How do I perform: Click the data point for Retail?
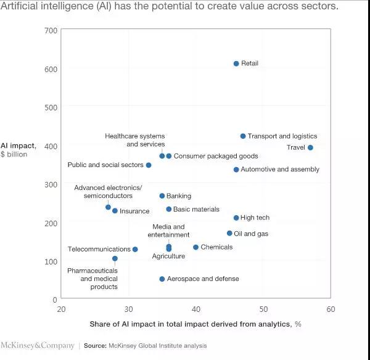point(236,63)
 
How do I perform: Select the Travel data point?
point(310,147)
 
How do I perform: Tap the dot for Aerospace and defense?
point(162,279)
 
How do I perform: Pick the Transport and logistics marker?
point(243,136)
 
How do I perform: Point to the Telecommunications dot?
point(135,249)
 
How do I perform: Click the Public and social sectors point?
point(149,165)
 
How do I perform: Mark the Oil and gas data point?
point(229,233)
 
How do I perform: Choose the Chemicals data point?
point(196,247)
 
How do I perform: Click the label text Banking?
point(179,196)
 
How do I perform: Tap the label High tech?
point(255,218)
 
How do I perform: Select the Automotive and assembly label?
point(275,170)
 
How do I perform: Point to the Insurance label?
point(134,211)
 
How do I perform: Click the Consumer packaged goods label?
point(216,156)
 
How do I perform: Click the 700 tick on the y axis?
point(50,30)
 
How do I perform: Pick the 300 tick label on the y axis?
point(50,184)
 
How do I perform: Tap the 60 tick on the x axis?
point(331,309)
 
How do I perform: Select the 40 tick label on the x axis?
point(196,309)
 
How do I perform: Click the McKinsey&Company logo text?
point(38,345)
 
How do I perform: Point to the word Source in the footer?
point(96,346)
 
